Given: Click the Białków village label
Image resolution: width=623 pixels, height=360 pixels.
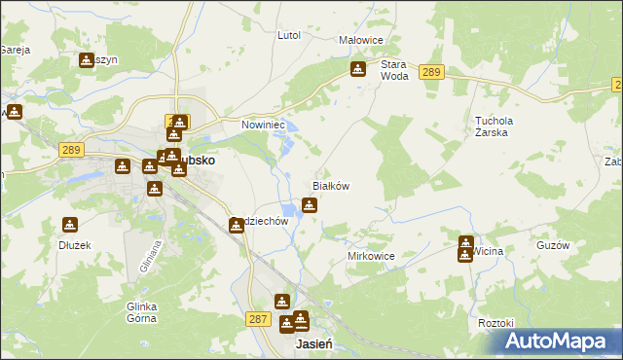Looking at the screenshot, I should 330,185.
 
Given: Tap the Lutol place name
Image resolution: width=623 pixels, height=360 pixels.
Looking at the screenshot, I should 289,35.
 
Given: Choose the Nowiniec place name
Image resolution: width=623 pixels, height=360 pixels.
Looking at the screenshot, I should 262,126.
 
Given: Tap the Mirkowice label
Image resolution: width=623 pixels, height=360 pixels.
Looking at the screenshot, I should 371,256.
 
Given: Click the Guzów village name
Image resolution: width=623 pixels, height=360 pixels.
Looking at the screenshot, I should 552,246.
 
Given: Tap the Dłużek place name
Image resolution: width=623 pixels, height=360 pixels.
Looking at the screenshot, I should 74,246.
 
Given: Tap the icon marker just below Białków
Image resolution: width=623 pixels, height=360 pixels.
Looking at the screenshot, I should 310,204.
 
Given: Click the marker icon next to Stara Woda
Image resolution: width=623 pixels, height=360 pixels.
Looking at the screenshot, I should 358,70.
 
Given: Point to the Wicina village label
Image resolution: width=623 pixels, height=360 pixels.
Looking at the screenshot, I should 490,251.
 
